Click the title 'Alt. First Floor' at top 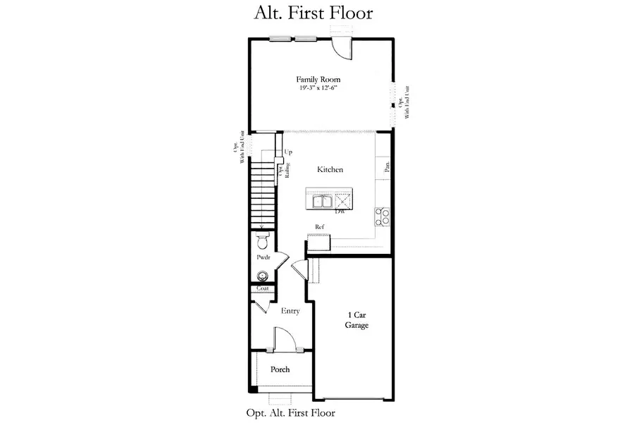tap(313, 13)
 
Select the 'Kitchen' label tap(330, 170)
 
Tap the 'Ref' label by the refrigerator tap(319, 226)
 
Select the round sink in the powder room tap(263, 276)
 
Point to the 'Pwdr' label tap(263, 259)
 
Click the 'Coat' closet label tap(262, 288)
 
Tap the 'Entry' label tap(290, 311)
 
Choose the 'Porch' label tap(280, 369)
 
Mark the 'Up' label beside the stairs tap(288, 152)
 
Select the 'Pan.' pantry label tap(387, 167)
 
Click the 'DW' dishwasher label tap(340, 211)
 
